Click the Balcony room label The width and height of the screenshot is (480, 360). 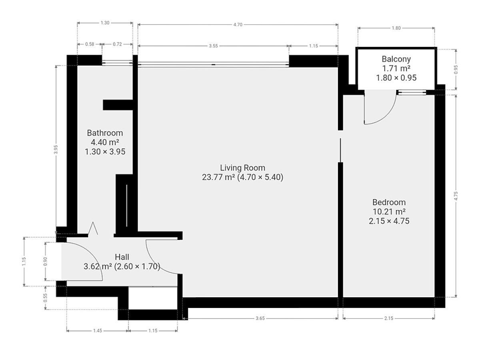pyautogui.click(x=396, y=59)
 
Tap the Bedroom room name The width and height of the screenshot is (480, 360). pyautogui.click(x=389, y=202)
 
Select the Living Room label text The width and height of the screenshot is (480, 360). pyautogui.click(x=242, y=168)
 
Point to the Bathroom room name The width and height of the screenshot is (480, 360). pyautogui.click(x=105, y=133)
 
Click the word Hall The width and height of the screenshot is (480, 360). pyautogui.click(x=122, y=257)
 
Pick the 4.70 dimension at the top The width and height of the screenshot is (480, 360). pyautogui.click(x=238, y=25)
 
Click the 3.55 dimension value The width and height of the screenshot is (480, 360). pyautogui.click(x=213, y=46)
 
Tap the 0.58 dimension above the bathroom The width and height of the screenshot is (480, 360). pyautogui.click(x=90, y=44)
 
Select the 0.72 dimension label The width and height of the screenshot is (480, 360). pyautogui.click(x=117, y=44)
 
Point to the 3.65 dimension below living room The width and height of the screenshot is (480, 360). pyautogui.click(x=260, y=318)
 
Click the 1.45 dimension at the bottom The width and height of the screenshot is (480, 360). pyautogui.click(x=98, y=331)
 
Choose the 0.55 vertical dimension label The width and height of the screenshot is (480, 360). pyautogui.click(x=45, y=298)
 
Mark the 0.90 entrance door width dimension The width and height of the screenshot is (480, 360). pyautogui.click(x=45, y=262)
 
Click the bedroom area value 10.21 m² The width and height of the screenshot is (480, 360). pyautogui.click(x=389, y=212)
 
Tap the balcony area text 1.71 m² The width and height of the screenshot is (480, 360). pyautogui.click(x=396, y=68)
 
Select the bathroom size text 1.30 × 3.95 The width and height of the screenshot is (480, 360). pyautogui.click(x=105, y=152)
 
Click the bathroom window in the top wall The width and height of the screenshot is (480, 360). pyautogui.click(x=117, y=63)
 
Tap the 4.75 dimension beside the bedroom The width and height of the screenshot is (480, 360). pyautogui.click(x=456, y=196)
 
